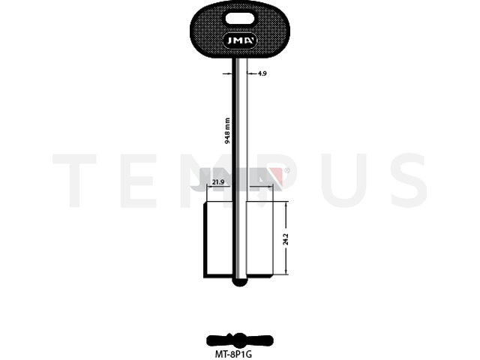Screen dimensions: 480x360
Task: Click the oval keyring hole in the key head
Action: [x=240, y=19]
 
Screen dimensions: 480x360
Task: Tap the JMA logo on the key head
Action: [x=240, y=40]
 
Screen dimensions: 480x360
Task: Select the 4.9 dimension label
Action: [x=262, y=73]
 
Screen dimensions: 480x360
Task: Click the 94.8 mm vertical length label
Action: [x=227, y=130]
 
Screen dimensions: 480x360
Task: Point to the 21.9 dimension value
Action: [x=218, y=182]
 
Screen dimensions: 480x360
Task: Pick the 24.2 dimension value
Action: [x=286, y=239]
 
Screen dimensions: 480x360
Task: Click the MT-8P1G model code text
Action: [x=233, y=355]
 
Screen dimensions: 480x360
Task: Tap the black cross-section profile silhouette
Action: [x=240, y=340]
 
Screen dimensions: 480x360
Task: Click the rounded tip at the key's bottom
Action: [x=240, y=282]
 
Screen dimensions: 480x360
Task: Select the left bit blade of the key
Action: [x=218, y=239]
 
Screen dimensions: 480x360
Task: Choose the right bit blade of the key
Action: [x=259, y=239]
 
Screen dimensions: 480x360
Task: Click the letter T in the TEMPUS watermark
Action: [x=74, y=180]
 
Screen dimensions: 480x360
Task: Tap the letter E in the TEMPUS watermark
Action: [x=138, y=181]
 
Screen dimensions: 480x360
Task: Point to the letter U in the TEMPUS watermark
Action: [x=344, y=181]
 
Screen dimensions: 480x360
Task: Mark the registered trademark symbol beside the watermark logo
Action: [x=287, y=170]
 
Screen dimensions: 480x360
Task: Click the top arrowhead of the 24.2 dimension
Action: [x=286, y=205]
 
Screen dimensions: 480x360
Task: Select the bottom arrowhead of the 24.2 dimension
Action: [x=286, y=271]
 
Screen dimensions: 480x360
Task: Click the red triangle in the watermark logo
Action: [x=276, y=177]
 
